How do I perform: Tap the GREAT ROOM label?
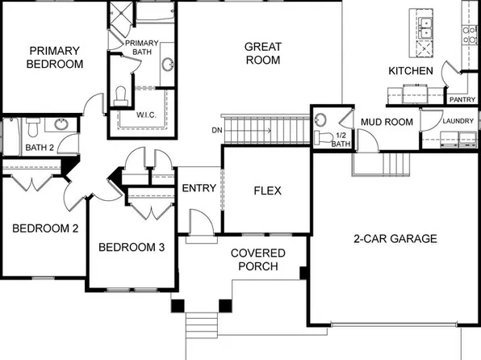pos(262,53)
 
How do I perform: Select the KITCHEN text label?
pos(411,72)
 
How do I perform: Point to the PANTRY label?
pos(462,100)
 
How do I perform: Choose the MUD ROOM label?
pos(387,122)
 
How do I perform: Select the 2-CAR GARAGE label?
pos(395,239)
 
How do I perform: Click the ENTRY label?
pos(199,188)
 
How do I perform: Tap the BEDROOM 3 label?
pos(132,247)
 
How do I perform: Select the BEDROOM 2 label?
pos(45,228)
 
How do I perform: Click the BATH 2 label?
pos(39,148)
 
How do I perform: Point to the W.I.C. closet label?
pos(145,115)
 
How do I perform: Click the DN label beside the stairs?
pos(215,129)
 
